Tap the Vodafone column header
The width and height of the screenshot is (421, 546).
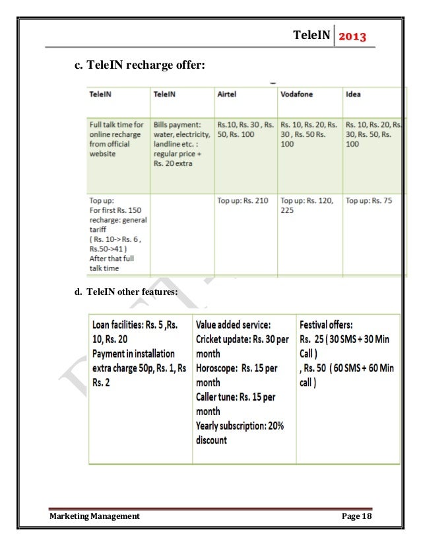pyautogui.click(x=298, y=95)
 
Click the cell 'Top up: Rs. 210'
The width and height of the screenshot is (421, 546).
pyautogui.click(x=243, y=200)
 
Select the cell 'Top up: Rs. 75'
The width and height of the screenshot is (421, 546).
pyautogui.click(x=368, y=200)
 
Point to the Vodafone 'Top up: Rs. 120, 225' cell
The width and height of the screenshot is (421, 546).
pyautogui.click(x=307, y=205)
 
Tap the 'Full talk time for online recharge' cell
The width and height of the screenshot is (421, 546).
pyautogui.click(x=116, y=138)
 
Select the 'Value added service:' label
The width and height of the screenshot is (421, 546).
pyautogui.click(x=234, y=325)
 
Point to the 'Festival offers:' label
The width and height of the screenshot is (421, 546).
pyautogui.click(x=326, y=325)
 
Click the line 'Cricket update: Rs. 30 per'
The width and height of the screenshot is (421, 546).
pyautogui.click(x=242, y=339)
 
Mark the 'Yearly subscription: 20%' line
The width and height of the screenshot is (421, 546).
pyautogui.click(x=240, y=426)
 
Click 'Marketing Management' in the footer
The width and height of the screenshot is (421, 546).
pyautogui.click(x=94, y=516)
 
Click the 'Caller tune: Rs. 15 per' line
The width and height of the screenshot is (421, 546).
pyautogui.click(x=236, y=397)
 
